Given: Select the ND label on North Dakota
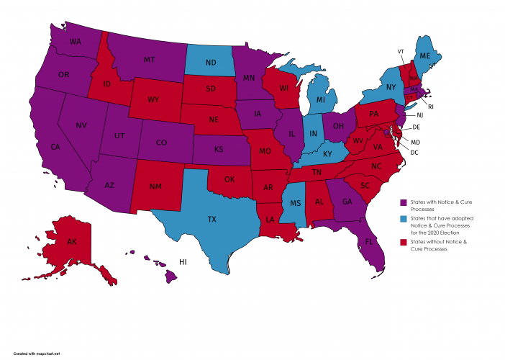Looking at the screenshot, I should [x=211, y=63].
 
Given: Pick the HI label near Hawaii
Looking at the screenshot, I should [x=183, y=262].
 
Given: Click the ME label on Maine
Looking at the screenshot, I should [x=425, y=56].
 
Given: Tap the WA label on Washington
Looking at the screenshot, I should [x=76, y=42].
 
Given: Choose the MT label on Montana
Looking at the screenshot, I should [x=150, y=59].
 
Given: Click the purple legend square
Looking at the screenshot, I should [x=404, y=202].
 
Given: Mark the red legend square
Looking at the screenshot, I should [x=404, y=243].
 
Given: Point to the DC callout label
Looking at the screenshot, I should [x=415, y=153].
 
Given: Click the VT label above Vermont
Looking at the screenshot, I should [x=400, y=51].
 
